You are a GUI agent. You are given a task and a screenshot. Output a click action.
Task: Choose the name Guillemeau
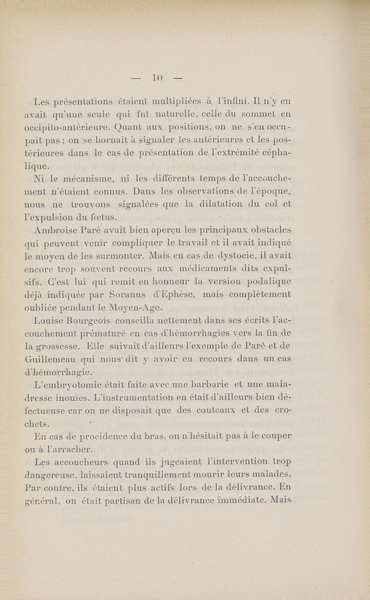pyautogui.click(x=49, y=358)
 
